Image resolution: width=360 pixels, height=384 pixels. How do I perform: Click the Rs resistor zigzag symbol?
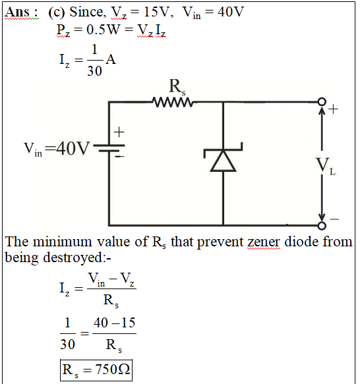click(x=173, y=102)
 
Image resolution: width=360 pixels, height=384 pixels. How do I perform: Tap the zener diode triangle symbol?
click(x=223, y=161)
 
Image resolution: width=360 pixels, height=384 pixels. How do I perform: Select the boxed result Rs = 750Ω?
click(x=96, y=370)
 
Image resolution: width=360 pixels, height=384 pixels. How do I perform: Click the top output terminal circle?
click(x=322, y=101)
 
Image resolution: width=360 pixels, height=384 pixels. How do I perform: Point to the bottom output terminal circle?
click(x=322, y=225)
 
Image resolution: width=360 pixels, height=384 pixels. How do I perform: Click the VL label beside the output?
click(x=326, y=166)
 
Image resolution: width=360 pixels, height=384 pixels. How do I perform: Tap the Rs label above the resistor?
click(x=177, y=87)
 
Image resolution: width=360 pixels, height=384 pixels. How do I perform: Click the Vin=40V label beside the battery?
click(x=57, y=149)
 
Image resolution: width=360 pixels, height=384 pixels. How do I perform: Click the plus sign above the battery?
click(x=119, y=132)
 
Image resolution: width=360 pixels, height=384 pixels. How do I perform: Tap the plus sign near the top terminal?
click(x=333, y=109)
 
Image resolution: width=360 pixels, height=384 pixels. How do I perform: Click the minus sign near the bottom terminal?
click(x=334, y=219)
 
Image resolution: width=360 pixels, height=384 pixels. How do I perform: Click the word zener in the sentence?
click(x=263, y=242)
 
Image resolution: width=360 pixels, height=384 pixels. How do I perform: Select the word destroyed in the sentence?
click(x=73, y=258)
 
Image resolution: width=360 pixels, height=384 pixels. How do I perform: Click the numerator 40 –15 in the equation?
click(x=115, y=323)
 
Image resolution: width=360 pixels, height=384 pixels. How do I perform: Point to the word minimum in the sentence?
click(x=62, y=242)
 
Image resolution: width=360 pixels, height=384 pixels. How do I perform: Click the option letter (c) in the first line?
click(x=57, y=12)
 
